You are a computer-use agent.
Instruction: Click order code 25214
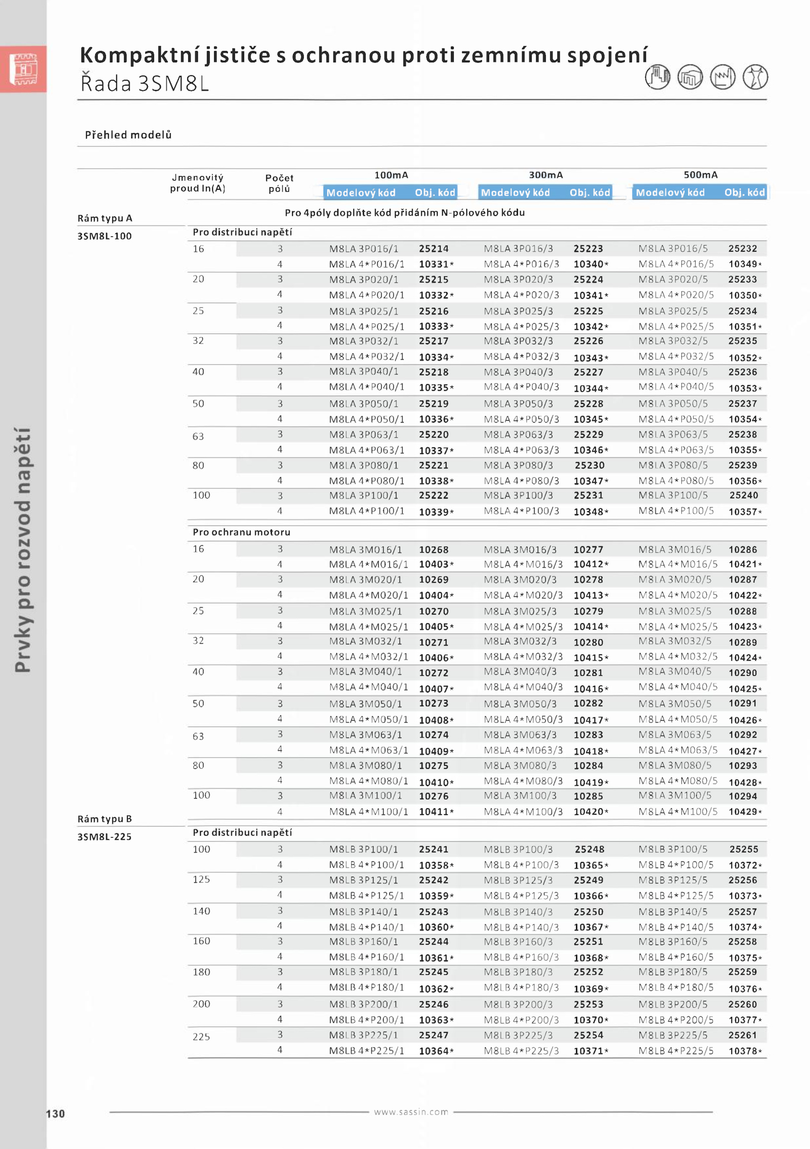433,249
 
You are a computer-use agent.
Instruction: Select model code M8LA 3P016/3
518,249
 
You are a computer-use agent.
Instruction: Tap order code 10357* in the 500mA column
745,512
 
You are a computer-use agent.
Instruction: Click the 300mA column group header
546,175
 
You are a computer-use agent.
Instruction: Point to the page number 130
55,1114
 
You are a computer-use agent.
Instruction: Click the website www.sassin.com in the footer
411,1112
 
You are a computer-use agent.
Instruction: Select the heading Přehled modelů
128,135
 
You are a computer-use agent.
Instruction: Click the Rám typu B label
104,818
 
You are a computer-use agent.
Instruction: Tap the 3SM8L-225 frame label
104,837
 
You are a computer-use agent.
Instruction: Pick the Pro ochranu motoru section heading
241,532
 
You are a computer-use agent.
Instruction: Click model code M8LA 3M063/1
366,734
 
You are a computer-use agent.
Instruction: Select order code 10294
743,796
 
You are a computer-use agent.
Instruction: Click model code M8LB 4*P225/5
676,1051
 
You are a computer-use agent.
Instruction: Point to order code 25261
743,1035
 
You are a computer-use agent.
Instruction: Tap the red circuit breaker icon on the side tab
23,69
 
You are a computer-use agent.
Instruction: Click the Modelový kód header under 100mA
360,192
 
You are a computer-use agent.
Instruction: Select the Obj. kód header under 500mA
744,192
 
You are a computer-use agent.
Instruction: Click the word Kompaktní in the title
139,55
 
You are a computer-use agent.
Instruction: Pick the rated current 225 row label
201,1037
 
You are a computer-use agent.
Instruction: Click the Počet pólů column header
279,183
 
